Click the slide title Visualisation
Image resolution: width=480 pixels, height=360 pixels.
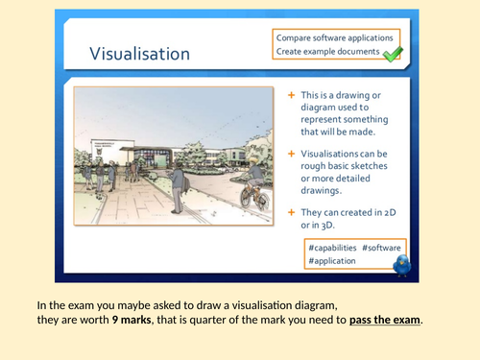140,53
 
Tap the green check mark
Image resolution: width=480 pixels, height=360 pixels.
392,55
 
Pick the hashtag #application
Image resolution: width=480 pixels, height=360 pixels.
332,260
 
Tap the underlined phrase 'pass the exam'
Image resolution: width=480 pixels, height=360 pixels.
384,319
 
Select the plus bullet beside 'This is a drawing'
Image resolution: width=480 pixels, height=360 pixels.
292,97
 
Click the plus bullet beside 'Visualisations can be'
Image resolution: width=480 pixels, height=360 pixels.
292,154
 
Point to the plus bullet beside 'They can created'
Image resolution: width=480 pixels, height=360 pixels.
292,210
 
